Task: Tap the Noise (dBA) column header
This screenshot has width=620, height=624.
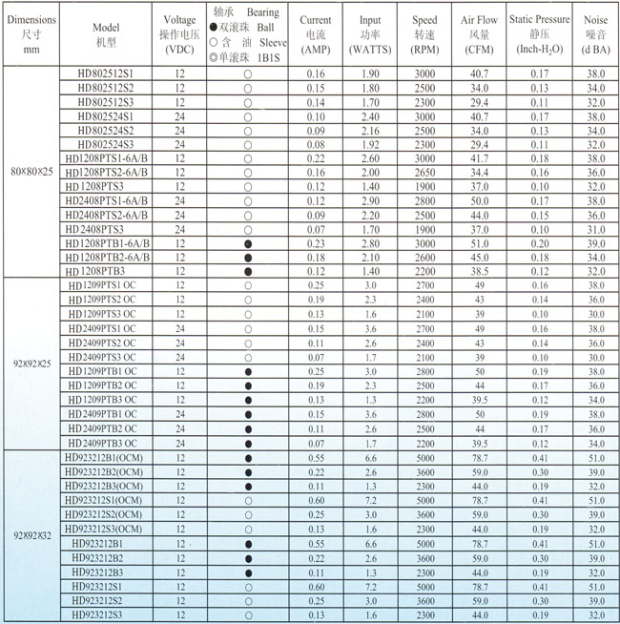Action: (596, 32)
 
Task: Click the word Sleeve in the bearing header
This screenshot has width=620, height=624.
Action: (272, 44)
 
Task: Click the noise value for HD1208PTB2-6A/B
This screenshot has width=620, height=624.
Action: (596, 258)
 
